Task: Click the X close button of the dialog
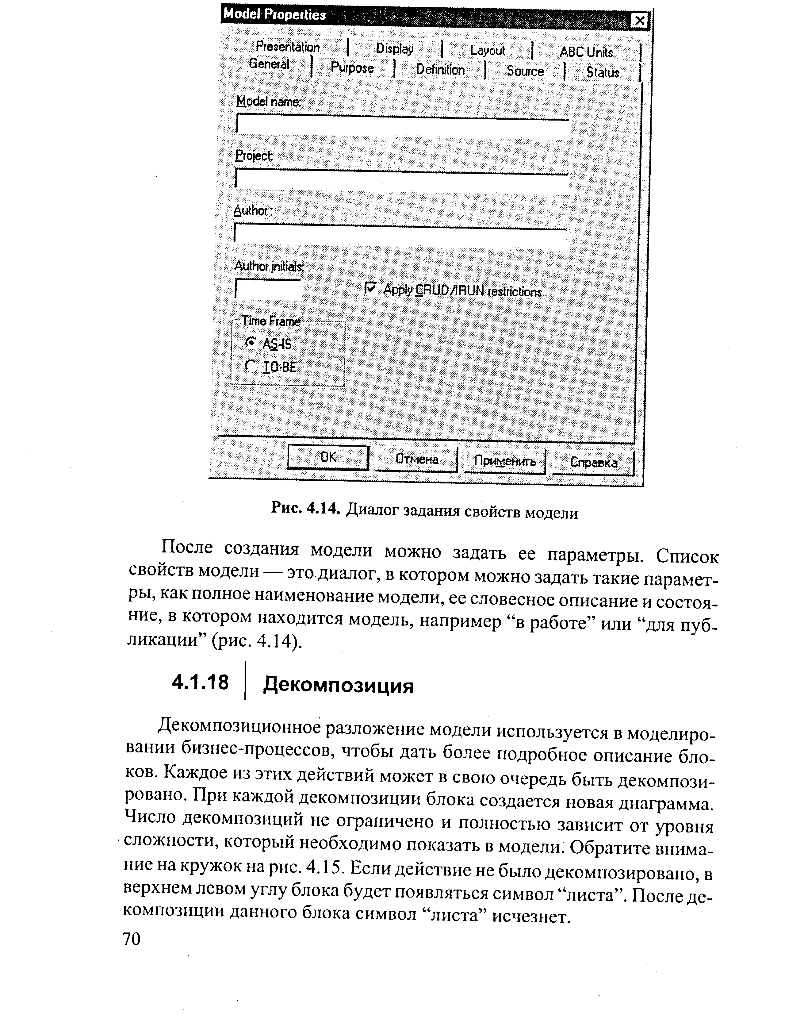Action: pos(640,21)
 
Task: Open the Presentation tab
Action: pos(288,47)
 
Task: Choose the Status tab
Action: pos(603,72)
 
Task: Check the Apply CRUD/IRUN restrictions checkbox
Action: pos(370,289)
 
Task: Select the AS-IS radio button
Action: pos(250,343)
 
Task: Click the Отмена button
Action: pos(417,459)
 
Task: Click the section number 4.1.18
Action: pos(200,682)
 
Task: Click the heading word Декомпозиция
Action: pos(338,685)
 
